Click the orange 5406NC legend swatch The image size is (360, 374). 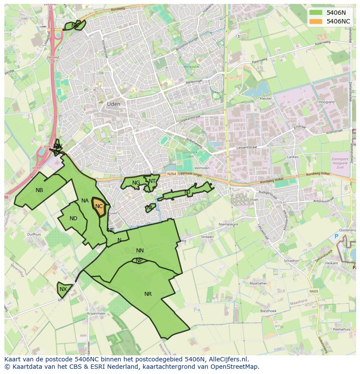tap(316, 21)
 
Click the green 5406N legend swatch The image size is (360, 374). tap(316, 13)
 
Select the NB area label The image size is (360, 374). tap(40, 190)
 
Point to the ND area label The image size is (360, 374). tap(73, 218)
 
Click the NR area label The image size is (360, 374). tap(148, 294)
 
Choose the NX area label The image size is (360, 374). tap(63, 289)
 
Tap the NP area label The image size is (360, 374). tap(139, 261)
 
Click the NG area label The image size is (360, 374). tap(136, 183)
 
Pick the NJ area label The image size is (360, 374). tap(187, 192)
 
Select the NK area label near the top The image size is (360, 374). tap(75, 26)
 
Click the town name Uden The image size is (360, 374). tap(113, 104)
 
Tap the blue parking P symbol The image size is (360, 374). tap(336, 236)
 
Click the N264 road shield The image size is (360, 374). tap(172, 174)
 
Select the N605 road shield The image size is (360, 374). tap(314, 291)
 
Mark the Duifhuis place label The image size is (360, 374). tap(34, 234)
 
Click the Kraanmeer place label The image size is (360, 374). tap(96, 313)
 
